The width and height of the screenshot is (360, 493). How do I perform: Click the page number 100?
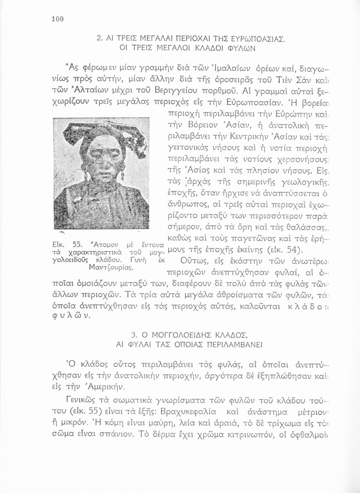(x=57, y=19)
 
